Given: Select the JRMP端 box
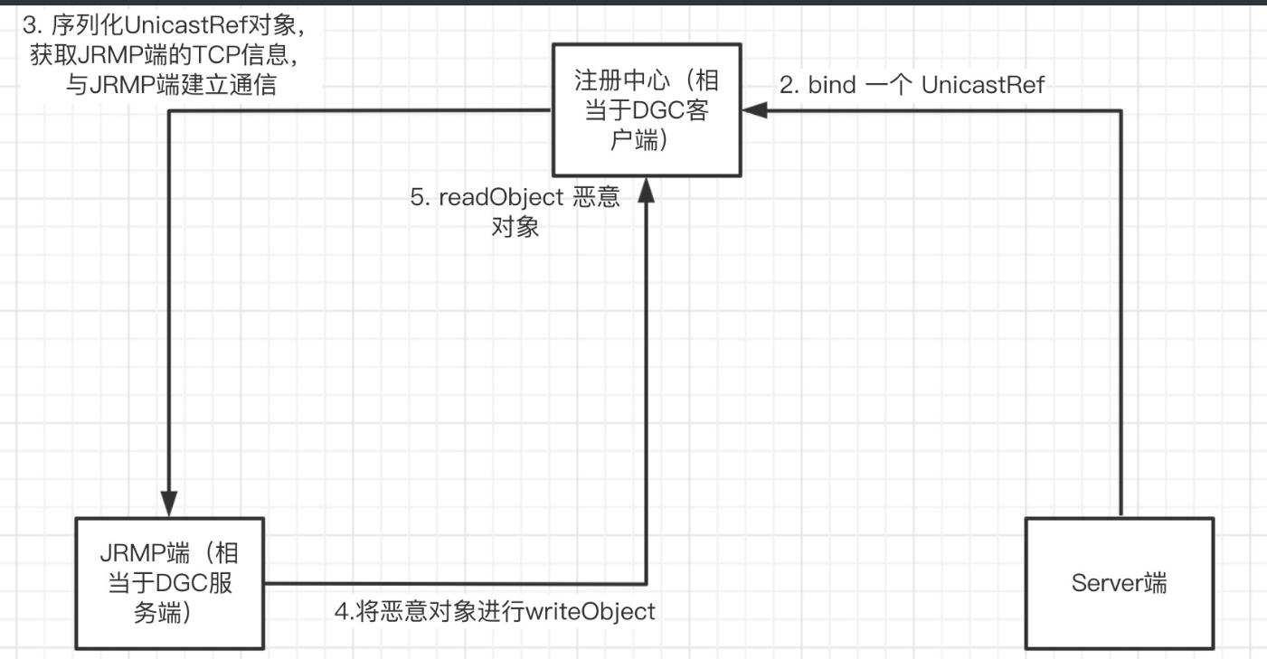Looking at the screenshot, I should pos(170,582).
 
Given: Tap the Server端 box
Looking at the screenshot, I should pos(1120,582).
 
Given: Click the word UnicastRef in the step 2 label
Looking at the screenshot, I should pos(983,85).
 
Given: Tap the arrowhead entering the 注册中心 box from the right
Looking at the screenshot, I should pos(754,110).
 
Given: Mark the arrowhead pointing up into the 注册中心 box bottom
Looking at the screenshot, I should pos(647,189).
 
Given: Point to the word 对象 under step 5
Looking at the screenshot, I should pos(515,228).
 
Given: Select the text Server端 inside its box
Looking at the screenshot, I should pos(1120,583).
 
